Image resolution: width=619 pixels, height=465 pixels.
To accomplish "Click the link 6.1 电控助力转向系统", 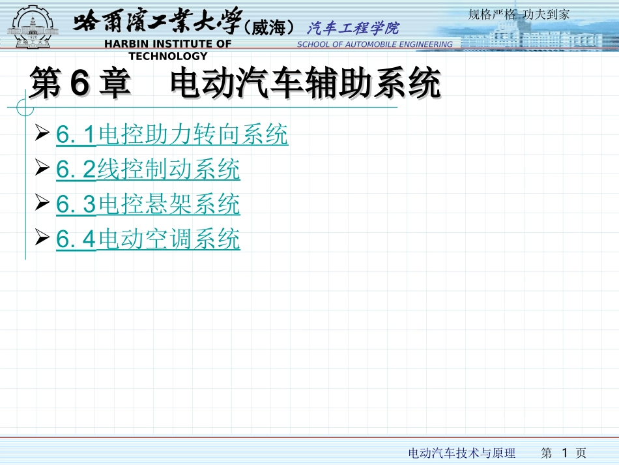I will [172, 135].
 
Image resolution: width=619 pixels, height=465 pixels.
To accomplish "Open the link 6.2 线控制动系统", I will [148, 170].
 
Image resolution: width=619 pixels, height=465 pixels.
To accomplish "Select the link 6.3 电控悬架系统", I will [148, 205].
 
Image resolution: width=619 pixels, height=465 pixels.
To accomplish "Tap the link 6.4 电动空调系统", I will [148, 239].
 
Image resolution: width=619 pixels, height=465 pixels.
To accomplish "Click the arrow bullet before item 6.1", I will [44, 135].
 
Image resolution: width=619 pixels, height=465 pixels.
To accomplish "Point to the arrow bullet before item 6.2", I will [44, 170].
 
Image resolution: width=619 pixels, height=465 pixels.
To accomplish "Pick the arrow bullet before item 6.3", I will [44, 205].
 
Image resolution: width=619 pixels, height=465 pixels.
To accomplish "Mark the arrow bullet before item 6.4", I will [44, 239].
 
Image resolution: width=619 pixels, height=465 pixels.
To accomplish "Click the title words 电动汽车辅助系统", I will [305, 85].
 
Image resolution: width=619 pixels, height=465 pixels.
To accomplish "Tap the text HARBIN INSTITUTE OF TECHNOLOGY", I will [168, 50].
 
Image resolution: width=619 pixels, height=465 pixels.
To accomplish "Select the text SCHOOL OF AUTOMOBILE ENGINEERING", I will [375, 44].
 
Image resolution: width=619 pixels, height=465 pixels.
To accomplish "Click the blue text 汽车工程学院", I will [353, 28].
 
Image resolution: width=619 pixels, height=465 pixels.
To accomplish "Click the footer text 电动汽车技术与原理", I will [461, 453].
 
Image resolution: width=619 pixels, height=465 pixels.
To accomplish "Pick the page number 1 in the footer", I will [565, 452].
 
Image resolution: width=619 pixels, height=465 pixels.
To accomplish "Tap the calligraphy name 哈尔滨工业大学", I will [156, 23].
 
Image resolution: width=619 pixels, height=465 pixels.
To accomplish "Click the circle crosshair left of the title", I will [25, 106].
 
